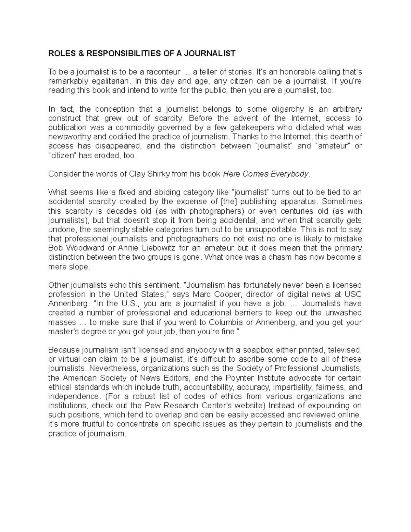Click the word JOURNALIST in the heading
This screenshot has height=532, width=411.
pyautogui.click(x=210, y=53)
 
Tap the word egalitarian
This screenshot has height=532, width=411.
pyautogui.click(x=113, y=81)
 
